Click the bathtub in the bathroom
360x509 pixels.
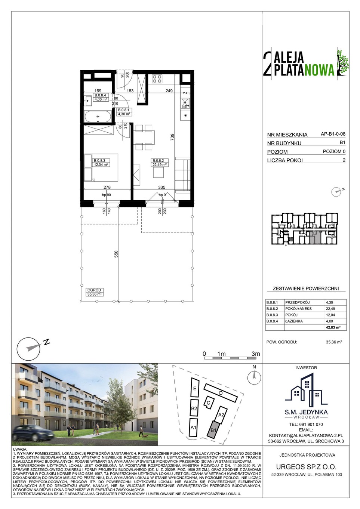point(98,116)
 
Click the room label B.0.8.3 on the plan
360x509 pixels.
point(99,161)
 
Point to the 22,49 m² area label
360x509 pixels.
point(160,164)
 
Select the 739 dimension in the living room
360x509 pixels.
point(172,138)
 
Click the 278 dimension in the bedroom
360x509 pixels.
point(107,187)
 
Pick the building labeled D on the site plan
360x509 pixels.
point(221,393)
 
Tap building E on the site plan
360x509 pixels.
point(194,389)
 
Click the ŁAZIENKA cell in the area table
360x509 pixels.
point(295,321)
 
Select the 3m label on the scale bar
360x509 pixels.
point(256,354)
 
